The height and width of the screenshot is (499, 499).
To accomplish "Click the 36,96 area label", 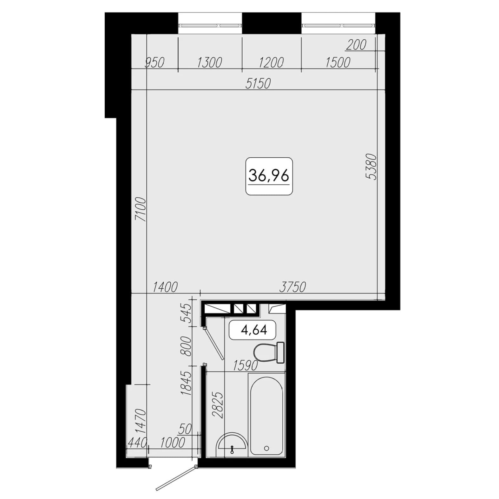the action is click(x=269, y=176).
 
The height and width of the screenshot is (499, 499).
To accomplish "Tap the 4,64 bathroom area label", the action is click(x=254, y=330).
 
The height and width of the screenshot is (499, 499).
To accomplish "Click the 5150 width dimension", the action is click(x=258, y=84).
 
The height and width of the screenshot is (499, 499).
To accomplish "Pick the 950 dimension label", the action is click(x=154, y=63).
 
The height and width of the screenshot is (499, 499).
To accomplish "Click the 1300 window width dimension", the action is click(x=209, y=63).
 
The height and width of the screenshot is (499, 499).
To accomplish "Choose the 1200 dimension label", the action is click(x=271, y=63).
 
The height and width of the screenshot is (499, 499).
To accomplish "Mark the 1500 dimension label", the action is click(x=338, y=63).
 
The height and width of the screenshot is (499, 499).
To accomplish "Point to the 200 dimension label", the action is click(x=356, y=45).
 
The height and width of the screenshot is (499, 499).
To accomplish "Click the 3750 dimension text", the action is click(x=292, y=287).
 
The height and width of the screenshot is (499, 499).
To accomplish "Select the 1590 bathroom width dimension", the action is click(x=245, y=366).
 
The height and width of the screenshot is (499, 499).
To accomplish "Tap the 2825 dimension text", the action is click(x=218, y=405).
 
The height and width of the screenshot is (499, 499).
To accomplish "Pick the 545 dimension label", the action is click(x=186, y=313).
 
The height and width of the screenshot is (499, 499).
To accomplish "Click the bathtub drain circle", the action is click(x=266, y=448).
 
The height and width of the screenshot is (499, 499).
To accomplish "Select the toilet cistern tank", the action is click(x=280, y=352).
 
